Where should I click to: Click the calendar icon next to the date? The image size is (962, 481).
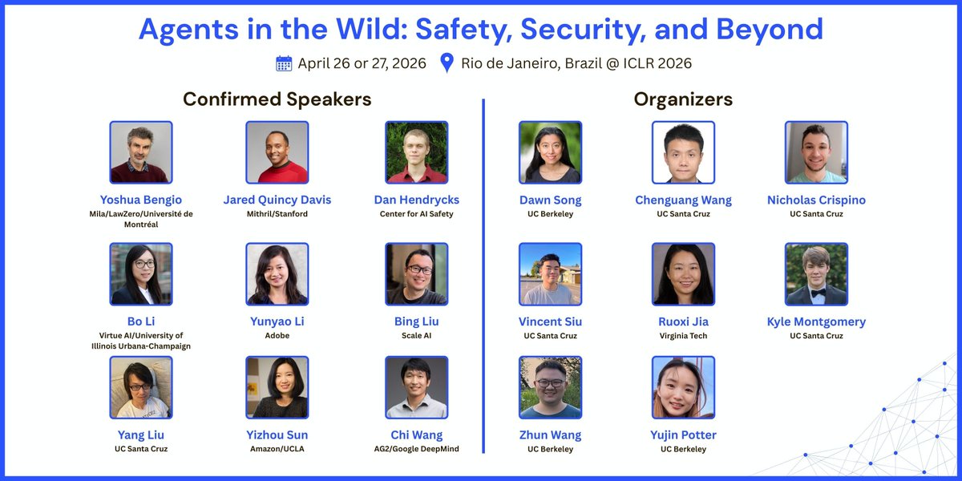(284, 63)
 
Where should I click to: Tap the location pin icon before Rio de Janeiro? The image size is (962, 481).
(447, 63)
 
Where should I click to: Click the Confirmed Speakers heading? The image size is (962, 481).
(277, 99)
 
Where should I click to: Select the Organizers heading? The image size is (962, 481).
(683, 99)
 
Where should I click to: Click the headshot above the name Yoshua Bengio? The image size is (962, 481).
(141, 152)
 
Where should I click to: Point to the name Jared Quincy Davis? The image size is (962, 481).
(277, 200)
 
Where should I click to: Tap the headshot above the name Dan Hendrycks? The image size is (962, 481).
(416, 152)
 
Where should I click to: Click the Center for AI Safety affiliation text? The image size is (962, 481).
(416, 214)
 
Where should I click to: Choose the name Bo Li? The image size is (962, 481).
(141, 321)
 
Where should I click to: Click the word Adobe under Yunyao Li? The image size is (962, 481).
(277, 336)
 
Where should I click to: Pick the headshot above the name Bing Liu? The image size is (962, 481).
(416, 274)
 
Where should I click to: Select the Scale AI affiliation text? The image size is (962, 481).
(416, 336)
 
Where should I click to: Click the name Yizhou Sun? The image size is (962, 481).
(277, 435)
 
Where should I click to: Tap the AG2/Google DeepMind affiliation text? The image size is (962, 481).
(416, 450)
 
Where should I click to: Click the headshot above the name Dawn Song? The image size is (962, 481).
(550, 152)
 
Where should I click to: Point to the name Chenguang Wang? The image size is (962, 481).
(683, 200)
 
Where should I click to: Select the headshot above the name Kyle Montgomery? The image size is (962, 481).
(816, 274)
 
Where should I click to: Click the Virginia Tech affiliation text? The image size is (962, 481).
(683, 336)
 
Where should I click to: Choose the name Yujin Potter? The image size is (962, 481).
(683, 435)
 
